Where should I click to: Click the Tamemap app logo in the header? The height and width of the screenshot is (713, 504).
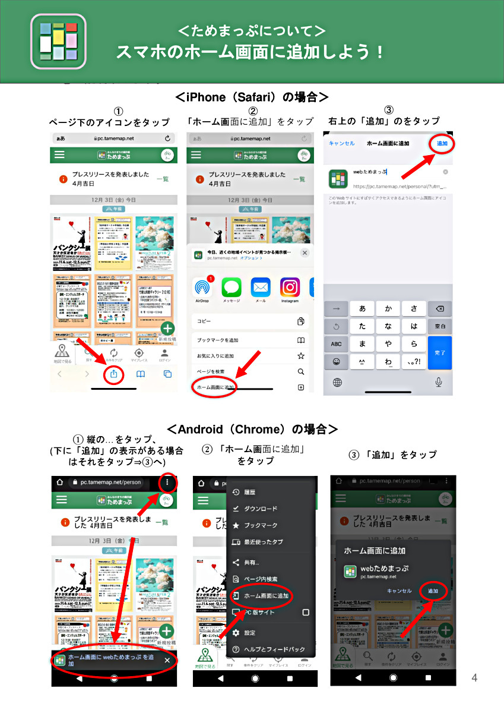point(59,42)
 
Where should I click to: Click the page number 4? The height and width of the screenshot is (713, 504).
point(474,678)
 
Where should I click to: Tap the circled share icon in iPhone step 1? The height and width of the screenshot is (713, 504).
point(113,374)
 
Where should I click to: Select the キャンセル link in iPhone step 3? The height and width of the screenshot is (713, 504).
point(341,143)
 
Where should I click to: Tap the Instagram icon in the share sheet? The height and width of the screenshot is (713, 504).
point(290,288)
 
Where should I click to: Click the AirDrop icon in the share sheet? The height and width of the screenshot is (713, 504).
point(202,288)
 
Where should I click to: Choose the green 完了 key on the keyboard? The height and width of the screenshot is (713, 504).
point(440,352)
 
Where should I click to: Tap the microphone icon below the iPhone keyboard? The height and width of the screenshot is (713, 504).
point(439,382)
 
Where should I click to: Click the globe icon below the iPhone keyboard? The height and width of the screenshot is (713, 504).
point(337,382)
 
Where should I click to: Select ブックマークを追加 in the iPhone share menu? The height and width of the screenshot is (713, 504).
point(218,340)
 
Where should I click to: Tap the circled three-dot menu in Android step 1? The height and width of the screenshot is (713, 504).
point(168,483)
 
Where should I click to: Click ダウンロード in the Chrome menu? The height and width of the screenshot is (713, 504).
point(261,509)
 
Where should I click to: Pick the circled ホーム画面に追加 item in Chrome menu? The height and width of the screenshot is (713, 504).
point(266,595)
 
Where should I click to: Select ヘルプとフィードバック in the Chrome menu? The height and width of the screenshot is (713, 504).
point(274,649)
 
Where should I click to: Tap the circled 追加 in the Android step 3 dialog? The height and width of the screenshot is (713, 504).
point(433,591)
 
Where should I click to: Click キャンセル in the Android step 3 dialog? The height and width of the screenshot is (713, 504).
point(399,591)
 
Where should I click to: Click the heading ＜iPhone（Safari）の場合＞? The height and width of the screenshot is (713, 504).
point(252,97)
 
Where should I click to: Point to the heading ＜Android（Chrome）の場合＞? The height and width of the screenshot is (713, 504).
point(252,428)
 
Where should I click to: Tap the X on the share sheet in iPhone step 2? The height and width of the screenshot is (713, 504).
point(305,253)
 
